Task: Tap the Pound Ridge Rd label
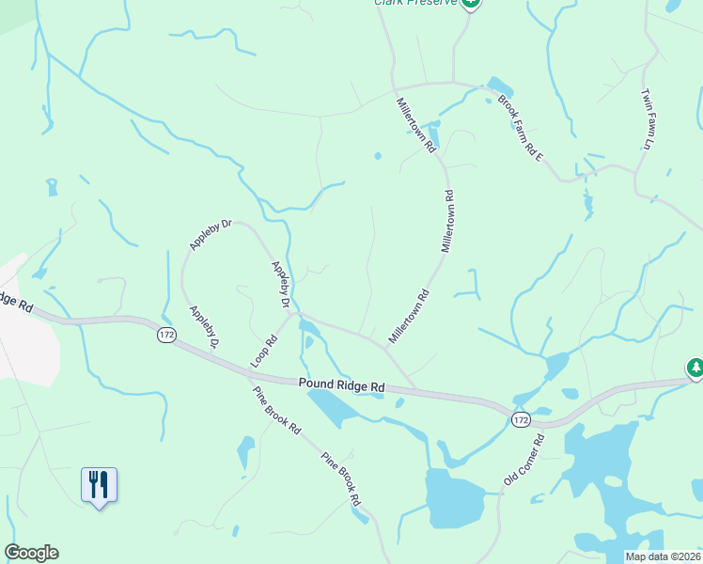[x=342, y=385]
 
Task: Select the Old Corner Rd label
[x=523, y=460]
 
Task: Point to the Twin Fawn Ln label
[x=647, y=119]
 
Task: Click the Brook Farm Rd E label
[x=520, y=127]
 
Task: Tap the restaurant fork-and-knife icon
[x=99, y=485]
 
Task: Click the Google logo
[x=31, y=553]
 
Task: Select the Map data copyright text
[x=664, y=556]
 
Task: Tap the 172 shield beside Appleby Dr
[x=166, y=336]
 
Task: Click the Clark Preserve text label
[x=415, y=3]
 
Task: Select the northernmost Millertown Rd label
[x=415, y=125]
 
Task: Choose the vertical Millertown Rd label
[x=448, y=221]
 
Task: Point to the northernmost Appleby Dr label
[x=211, y=235]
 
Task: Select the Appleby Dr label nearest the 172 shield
[x=203, y=329]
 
